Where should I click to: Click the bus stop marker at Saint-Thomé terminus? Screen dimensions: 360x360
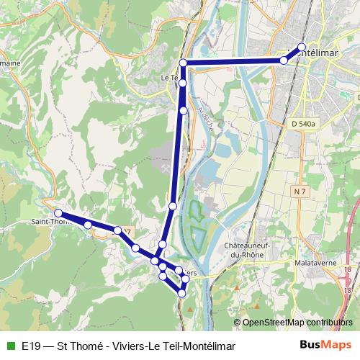click(58, 213)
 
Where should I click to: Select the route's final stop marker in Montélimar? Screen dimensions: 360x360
click(301, 48)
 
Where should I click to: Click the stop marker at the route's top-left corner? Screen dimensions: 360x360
click(183, 63)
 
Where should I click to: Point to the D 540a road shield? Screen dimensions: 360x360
click(305, 125)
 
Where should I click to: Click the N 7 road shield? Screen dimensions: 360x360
click(300, 191)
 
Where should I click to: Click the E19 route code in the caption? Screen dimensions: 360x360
click(30, 346)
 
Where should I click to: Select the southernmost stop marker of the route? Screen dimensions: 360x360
click(182, 293)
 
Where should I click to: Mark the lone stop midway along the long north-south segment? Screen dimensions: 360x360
click(173, 207)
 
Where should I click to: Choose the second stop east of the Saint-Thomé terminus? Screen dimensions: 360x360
click(117, 230)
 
